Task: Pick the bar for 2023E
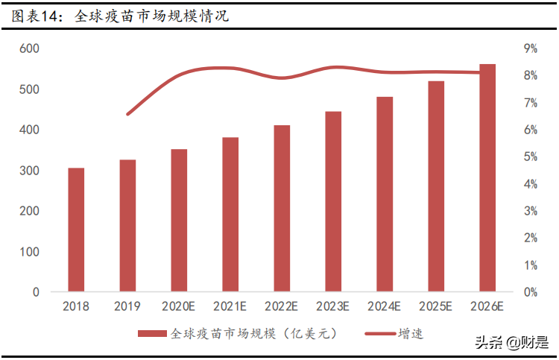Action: pyautogui.click(x=333, y=201)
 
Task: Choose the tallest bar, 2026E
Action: pyautogui.click(x=487, y=178)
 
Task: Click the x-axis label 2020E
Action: pyautogui.click(x=179, y=306)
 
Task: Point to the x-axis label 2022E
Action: pyautogui.click(x=282, y=306)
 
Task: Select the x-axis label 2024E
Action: pyautogui.click(x=385, y=306)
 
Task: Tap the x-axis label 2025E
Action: pyautogui.click(x=436, y=306)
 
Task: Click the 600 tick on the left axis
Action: pyautogui.click(x=29, y=48)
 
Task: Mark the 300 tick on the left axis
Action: pyautogui.click(x=29, y=171)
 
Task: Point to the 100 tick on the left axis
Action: pyautogui.click(x=29, y=252)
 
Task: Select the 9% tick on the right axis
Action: pyautogui.click(x=531, y=48)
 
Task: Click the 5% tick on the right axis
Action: pyautogui.click(x=531, y=157)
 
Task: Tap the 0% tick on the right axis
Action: pyautogui.click(x=531, y=292)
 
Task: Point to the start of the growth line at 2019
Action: pyautogui.click(x=127, y=114)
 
